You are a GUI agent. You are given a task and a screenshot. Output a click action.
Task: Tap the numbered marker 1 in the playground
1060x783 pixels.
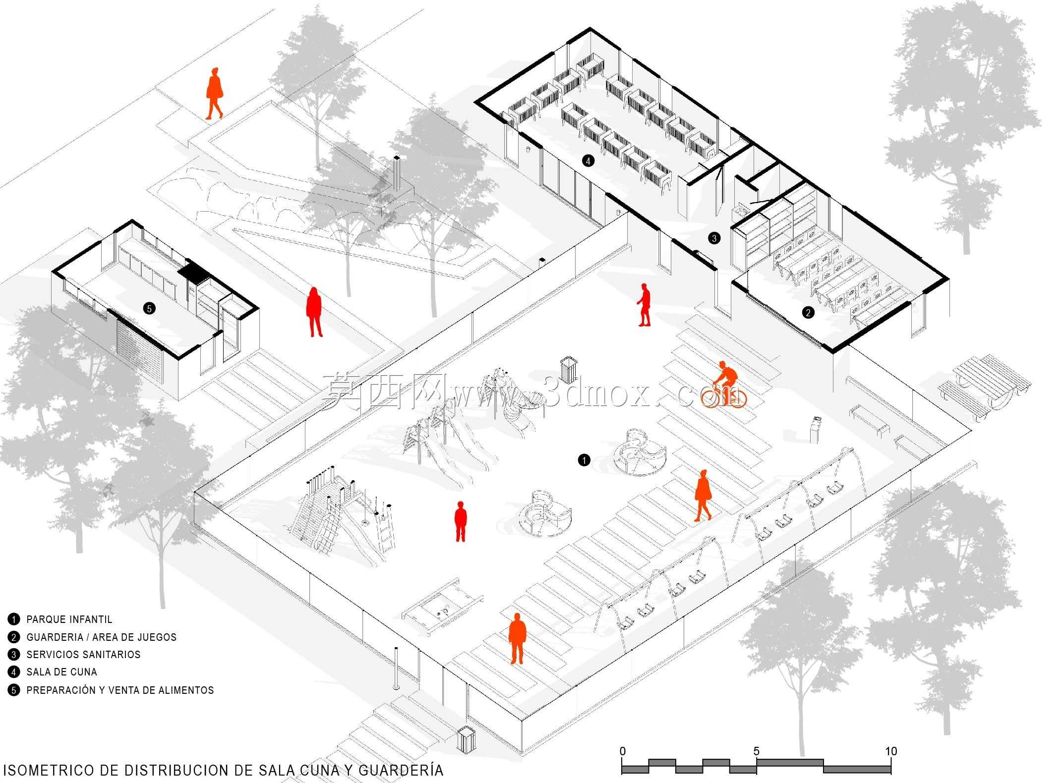[584, 460]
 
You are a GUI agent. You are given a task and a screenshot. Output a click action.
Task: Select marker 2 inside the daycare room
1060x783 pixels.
[808, 312]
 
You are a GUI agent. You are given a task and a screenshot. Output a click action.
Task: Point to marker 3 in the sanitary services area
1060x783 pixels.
[714, 238]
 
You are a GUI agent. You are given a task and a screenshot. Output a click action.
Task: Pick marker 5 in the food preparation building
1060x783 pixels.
[149, 308]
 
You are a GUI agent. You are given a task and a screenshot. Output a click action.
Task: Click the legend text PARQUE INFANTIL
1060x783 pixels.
[69, 619]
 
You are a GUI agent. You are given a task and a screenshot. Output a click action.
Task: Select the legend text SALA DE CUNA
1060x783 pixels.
[62, 672]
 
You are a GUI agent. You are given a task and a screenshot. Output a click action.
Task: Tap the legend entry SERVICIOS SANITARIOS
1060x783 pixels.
[83, 655]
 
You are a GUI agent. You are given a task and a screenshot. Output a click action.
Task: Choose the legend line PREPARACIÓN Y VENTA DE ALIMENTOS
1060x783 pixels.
[120, 690]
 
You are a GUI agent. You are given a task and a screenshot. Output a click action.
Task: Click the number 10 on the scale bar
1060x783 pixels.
[891, 751]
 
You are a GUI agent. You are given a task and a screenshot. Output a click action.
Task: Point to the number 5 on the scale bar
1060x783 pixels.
[756, 751]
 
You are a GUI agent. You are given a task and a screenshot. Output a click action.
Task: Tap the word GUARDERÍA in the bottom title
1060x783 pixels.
[401, 770]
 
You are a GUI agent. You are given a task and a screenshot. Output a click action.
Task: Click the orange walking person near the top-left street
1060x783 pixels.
[214, 94]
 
